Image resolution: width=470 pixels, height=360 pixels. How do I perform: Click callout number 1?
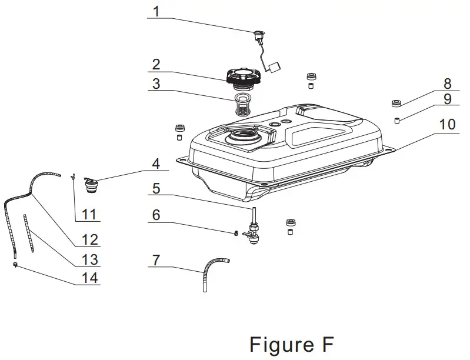[x=156, y=11]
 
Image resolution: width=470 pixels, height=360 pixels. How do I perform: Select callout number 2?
[x=156, y=63]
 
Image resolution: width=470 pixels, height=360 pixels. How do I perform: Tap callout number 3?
[x=156, y=83]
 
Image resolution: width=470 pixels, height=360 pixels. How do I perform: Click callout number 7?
[x=155, y=258]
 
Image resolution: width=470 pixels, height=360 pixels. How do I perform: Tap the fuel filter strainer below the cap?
[x=242, y=105]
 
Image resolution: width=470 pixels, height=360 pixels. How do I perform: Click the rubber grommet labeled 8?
[x=397, y=105]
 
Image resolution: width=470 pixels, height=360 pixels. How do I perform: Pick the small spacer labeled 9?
[x=397, y=121]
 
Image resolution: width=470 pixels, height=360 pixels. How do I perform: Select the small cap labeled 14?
[x=14, y=265]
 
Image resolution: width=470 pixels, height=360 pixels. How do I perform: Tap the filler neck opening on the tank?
[x=242, y=138]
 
